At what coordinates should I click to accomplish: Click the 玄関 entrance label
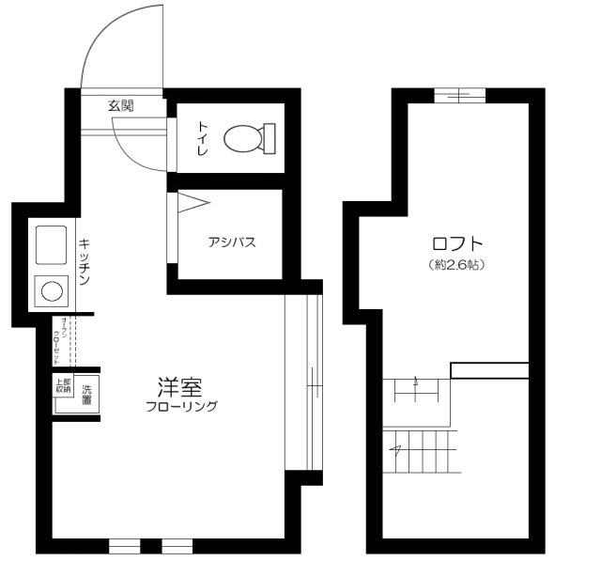pos(121,106)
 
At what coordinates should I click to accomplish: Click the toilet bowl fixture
pos(249,140)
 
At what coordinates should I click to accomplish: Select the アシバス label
pos(232,242)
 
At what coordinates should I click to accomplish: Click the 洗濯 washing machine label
pos(86,394)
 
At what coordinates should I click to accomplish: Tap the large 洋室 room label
pos(179,387)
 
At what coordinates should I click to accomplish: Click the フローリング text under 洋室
pos(181,407)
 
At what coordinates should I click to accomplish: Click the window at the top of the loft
pos(460,92)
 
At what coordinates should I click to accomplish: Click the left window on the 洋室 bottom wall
pos(123,545)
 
